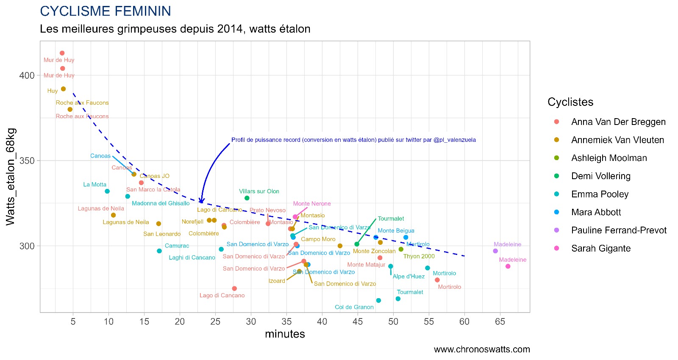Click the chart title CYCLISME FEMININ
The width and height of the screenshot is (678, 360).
[x=106, y=11]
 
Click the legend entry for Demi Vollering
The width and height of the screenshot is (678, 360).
[x=600, y=176]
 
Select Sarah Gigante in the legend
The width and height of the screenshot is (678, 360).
[x=600, y=249]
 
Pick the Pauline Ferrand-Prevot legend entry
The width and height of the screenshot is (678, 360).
[x=618, y=230]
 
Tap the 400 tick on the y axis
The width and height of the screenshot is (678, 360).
[x=27, y=75]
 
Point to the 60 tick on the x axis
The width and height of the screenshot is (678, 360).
[x=464, y=321]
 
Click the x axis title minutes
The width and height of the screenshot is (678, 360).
[x=285, y=334]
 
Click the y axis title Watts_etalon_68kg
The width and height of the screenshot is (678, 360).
[x=11, y=177]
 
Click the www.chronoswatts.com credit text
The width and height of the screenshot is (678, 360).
[x=482, y=349]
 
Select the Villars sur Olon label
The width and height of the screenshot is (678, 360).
[x=259, y=191]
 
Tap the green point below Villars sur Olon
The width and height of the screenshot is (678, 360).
[x=247, y=198]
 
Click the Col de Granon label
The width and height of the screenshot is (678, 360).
[x=354, y=307]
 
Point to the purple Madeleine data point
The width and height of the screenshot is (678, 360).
[x=495, y=251]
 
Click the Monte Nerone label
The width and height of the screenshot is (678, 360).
[x=312, y=204]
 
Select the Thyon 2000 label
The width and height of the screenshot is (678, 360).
[x=419, y=256]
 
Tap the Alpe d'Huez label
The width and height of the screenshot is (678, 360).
[x=408, y=277]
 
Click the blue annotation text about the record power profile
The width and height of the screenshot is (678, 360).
[x=353, y=140]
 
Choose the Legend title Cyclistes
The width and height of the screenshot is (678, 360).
[x=570, y=102]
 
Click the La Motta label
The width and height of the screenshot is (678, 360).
[x=94, y=185]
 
